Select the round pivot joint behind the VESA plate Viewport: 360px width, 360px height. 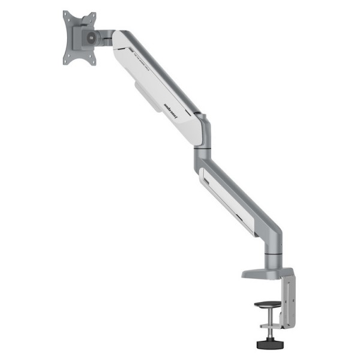90,37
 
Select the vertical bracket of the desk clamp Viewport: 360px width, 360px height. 289,300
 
